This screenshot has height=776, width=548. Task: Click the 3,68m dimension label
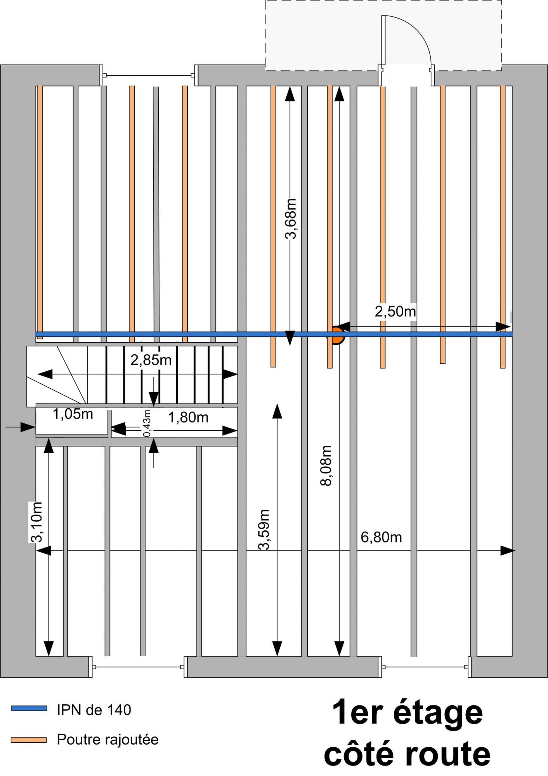(291, 218)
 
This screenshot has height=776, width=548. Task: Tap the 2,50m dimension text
(395, 312)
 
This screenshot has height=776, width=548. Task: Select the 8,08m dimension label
(326, 465)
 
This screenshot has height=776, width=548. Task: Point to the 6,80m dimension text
(381, 537)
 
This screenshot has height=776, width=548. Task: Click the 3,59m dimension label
(264, 529)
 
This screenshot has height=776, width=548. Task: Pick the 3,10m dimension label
(36, 522)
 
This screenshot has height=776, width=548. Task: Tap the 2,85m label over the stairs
(151, 360)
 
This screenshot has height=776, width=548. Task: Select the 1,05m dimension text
(73, 414)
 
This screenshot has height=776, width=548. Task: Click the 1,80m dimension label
(188, 417)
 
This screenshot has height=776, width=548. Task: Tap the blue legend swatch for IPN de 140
(29, 708)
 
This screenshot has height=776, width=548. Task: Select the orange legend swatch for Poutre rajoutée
(29, 740)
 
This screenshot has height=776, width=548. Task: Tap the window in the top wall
(149, 75)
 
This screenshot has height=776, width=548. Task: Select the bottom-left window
(138, 667)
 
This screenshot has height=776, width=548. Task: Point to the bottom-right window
(425, 667)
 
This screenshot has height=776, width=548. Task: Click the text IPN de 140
(94, 710)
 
